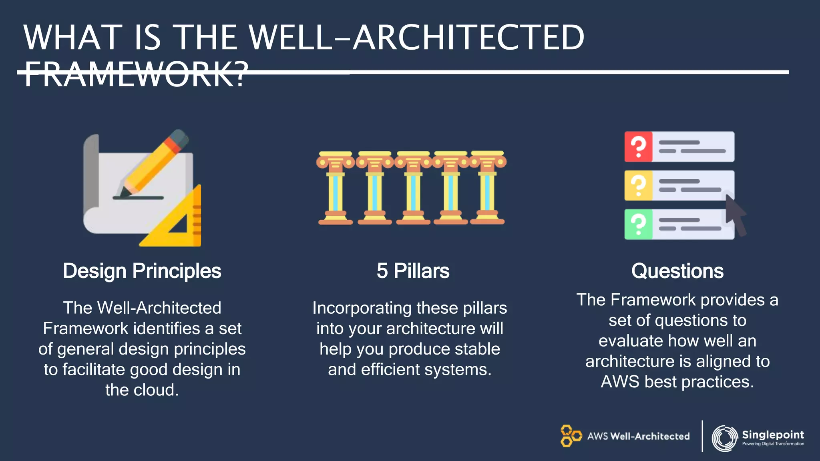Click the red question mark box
[638, 146]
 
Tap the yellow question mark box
[638, 185]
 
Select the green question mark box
[638, 224]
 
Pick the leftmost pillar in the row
[336, 188]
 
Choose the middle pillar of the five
[413, 188]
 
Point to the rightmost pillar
[487, 188]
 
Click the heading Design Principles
[142, 271]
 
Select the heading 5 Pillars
[413, 271]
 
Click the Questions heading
[677, 271]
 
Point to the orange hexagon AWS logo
[570, 436]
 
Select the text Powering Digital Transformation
[773, 444]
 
